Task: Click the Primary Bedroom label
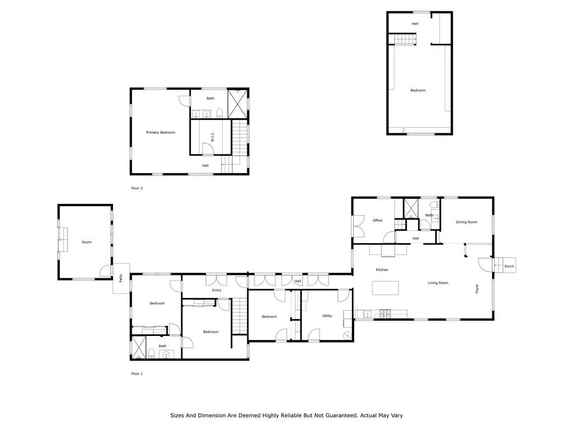[x=161, y=133]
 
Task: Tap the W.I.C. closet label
[x=212, y=137]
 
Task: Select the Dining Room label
[x=466, y=222]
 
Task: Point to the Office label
[x=378, y=221]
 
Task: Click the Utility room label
[x=327, y=316]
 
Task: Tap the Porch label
[x=509, y=267]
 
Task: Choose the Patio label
[x=121, y=278]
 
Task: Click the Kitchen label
[x=382, y=270]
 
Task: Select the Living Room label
[x=438, y=283]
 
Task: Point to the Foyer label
[x=477, y=288]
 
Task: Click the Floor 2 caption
[x=137, y=188]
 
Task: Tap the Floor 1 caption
[x=137, y=373]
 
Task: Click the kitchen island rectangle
[x=386, y=288]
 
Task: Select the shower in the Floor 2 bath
[x=237, y=104]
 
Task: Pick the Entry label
[x=217, y=291]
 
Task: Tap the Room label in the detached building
[x=87, y=242]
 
